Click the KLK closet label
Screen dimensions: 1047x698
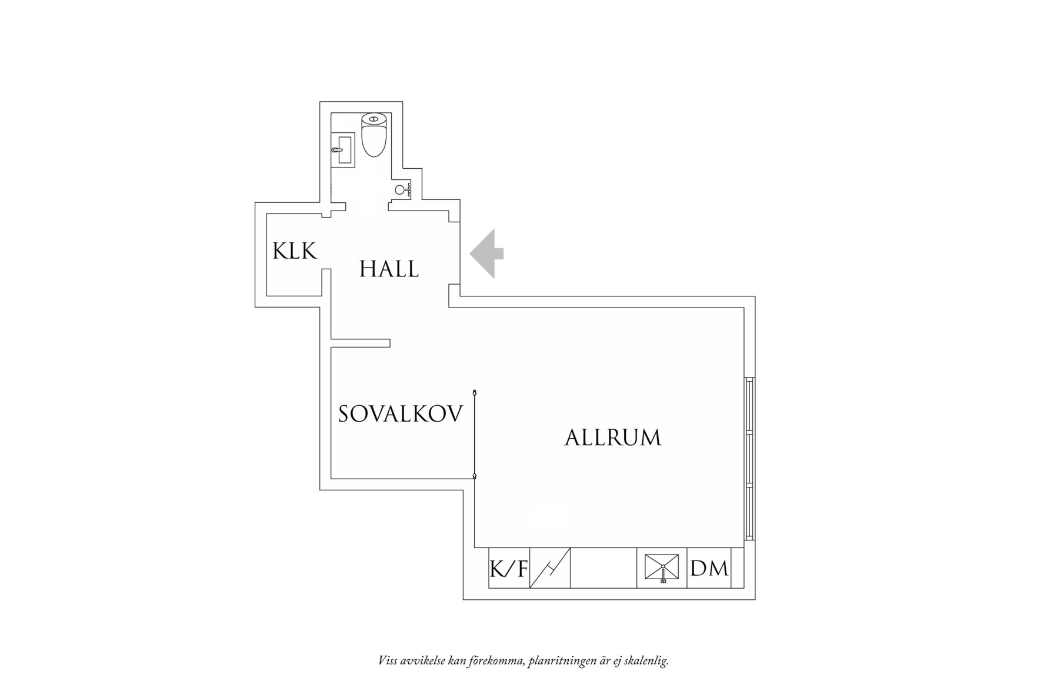click(x=295, y=251)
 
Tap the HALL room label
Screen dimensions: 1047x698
click(x=389, y=269)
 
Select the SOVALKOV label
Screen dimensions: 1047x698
click(x=401, y=414)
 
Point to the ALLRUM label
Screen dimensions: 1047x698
click(x=613, y=438)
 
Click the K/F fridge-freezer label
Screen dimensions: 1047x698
click(x=509, y=569)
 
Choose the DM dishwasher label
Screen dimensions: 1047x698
click(x=709, y=568)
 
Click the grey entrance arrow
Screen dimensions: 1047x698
click(x=486, y=253)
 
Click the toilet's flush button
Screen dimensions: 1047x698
click(x=374, y=119)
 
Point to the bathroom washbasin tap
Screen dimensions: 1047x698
click(x=336, y=150)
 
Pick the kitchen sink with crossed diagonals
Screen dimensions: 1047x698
click(x=662, y=569)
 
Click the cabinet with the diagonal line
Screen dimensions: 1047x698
click(x=550, y=568)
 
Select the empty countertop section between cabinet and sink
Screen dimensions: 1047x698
click(x=604, y=568)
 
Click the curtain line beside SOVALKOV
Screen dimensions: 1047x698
click(x=474, y=433)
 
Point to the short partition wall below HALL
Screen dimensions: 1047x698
click(x=361, y=343)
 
